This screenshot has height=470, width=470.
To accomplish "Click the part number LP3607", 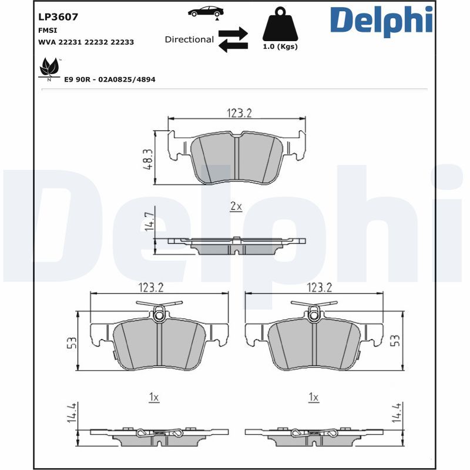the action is click(58, 17).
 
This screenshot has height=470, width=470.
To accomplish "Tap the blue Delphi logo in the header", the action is click(381, 21).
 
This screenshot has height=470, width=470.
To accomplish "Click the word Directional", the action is click(189, 39).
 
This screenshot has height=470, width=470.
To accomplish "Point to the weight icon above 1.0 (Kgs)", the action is click(280, 24).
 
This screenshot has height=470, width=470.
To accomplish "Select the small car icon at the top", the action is click(206, 12).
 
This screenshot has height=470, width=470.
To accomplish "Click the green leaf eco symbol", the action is click(49, 68).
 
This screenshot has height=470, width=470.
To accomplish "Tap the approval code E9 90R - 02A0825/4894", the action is click(110, 79).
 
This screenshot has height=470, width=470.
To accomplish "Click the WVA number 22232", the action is click(96, 42).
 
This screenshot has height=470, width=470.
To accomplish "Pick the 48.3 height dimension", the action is click(148, 159).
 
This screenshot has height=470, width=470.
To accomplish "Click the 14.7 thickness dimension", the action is click(149, 221).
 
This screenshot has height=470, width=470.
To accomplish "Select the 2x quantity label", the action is click(236, 206).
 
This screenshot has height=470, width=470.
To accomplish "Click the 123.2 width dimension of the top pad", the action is click(239, 113).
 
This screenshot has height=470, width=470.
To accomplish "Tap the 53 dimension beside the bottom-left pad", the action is click(72, 343).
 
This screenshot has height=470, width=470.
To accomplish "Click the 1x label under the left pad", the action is click(154, 397).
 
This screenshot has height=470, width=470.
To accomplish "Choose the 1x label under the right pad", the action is click(314, 397).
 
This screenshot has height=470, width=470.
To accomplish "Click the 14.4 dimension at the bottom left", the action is click(72, 412).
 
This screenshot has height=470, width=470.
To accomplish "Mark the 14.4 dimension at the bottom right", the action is click(396, 412).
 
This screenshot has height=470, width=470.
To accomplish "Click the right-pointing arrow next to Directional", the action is click(233, 33).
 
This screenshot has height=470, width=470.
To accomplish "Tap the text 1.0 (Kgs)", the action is click(280, 47).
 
